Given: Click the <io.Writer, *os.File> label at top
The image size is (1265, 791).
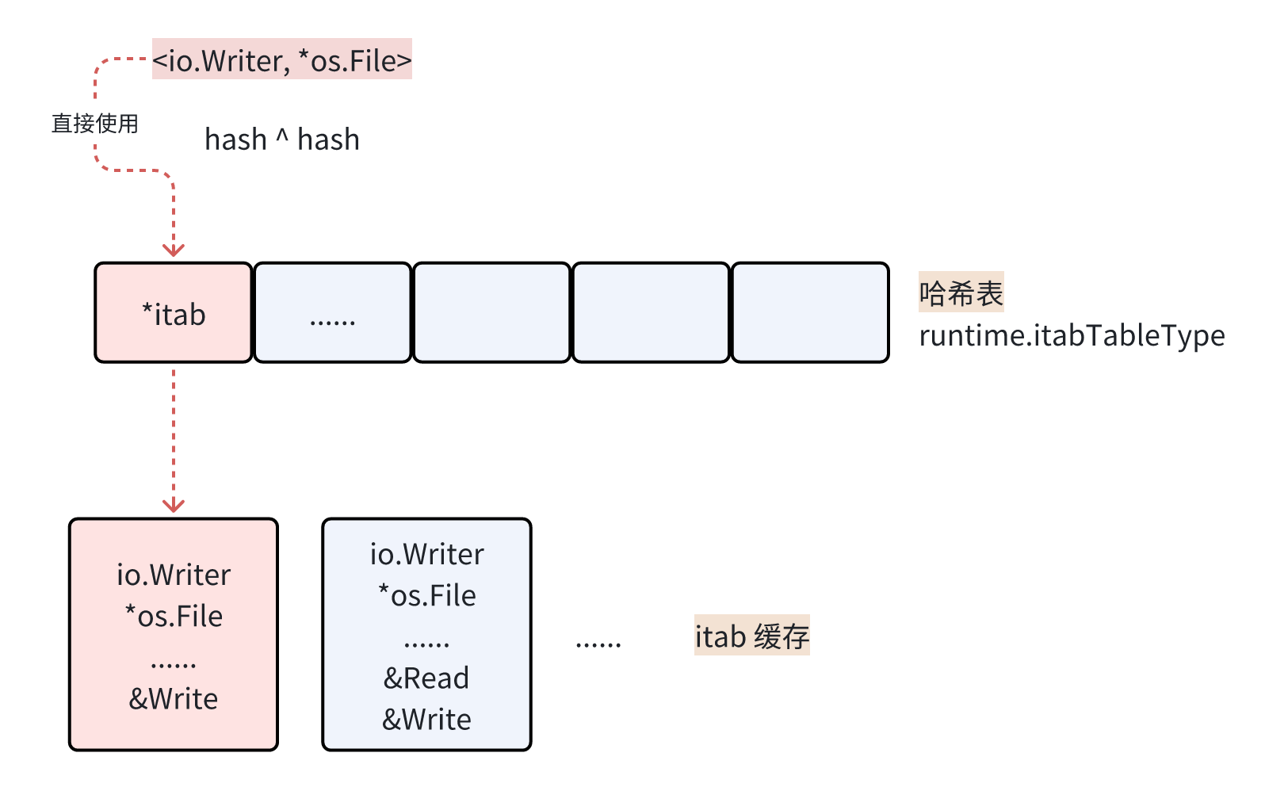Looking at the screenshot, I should [x=281, y=60].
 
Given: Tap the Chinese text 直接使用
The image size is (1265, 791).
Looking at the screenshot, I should [x=95, y=124].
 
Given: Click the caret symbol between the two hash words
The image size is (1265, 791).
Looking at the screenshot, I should [x=282, y=136].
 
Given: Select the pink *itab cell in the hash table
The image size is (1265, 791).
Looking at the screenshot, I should [x=174, y=314].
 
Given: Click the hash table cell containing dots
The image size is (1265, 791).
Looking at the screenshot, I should [x=333, y=314].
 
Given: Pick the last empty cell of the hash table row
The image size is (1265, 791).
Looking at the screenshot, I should [x=809, y=314].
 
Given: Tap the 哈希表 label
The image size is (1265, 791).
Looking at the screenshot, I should [x=961, y=292].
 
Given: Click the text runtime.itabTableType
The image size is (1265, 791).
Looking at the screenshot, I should [x=1072, y=336].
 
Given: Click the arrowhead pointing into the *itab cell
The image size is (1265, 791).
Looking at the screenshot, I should [x=174, y=250].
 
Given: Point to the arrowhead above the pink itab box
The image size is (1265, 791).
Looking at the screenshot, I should [x=174, y=506].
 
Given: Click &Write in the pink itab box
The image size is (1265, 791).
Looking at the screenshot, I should [x=174, y=699].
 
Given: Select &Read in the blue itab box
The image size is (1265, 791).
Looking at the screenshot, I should [x=426, y=678].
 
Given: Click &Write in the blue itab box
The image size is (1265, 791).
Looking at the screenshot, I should [x=426, y=720].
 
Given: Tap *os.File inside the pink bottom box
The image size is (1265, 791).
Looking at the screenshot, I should [x=174, y=617].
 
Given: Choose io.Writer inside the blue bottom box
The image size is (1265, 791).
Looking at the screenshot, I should [x=426, y=554].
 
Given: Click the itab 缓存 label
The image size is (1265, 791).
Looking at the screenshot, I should [x=751, y=636].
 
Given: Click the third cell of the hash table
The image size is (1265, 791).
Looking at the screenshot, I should [x=491, y=314].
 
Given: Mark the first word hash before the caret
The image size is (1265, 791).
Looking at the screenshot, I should [x=235, y=139].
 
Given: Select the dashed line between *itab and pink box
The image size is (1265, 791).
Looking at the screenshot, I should [x=174, y=432].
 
